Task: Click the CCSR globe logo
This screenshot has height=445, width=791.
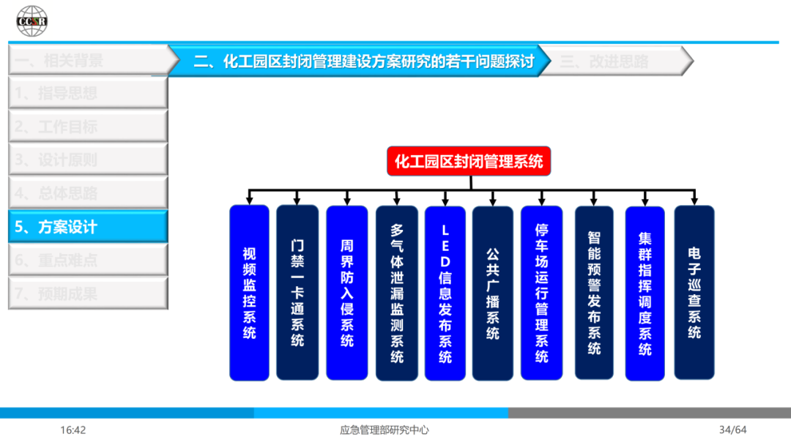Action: coord(32,20)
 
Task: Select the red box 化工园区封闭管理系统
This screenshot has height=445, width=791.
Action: coord(469,161)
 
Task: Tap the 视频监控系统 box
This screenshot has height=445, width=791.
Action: coord(250,293)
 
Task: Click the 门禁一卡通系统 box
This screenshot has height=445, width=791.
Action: coord(297,293)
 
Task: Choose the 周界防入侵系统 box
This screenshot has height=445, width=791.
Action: coord(347,293)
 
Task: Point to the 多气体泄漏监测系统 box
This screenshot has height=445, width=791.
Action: coord(397,293)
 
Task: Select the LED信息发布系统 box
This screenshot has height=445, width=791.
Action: coord(445,293)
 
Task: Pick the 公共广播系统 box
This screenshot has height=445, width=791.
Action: coord(493,293)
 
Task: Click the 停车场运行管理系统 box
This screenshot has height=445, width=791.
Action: coord(542,293)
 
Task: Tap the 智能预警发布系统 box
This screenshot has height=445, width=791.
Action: coord(594,293)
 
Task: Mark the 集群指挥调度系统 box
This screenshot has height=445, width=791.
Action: coord(645,293)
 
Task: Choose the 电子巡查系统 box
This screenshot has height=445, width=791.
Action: coord(694,293)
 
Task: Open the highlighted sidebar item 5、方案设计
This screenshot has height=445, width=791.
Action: coord(88,227)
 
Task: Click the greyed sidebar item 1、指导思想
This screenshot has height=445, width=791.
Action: coord(88,93)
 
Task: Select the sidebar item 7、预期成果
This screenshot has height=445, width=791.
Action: coord(88,294)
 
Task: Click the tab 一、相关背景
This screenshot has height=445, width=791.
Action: coord(88,61)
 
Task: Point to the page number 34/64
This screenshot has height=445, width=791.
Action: coord(732,430)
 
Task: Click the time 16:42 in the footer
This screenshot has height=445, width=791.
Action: coord(73,430)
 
